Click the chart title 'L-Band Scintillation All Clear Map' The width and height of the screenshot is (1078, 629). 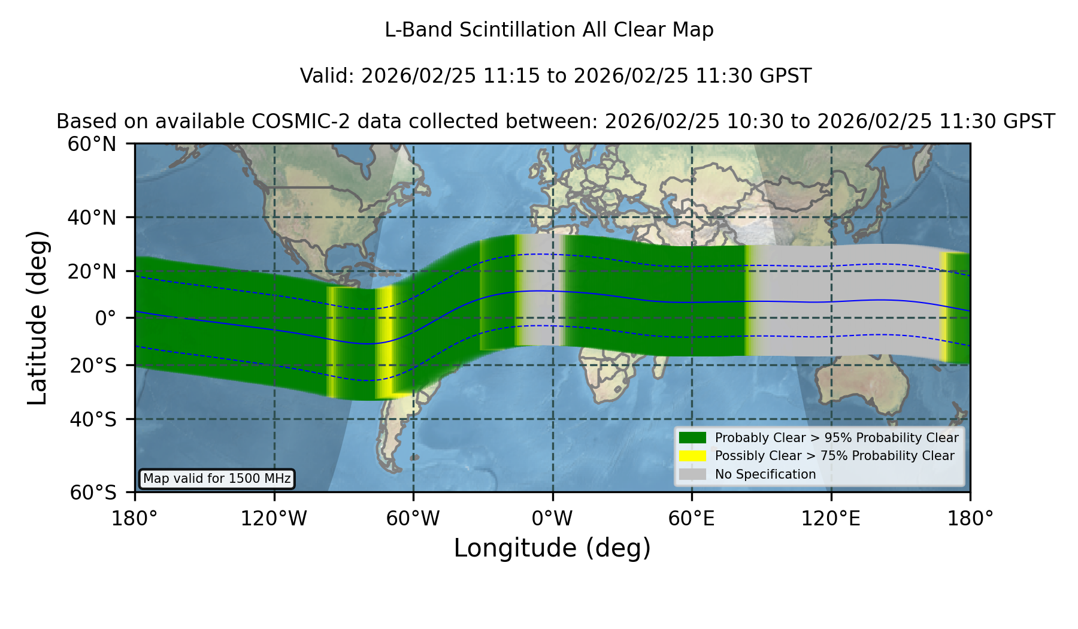(x=549, y=30)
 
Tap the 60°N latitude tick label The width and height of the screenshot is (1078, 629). (x=92, y=144)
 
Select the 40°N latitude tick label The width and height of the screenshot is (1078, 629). (x=92, y=217)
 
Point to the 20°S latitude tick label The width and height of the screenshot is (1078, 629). (x=93, y=365)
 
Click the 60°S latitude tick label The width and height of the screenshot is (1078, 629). (x=93, y=493)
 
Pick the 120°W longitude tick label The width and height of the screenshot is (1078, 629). (x=274, y=519)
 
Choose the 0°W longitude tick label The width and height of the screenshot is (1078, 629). (x=552, y=519)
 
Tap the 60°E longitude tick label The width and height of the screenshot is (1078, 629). (x=692, y=519)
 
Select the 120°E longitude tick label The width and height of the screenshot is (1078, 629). (x=831, y=519)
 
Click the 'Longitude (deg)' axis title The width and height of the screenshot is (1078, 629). (x=552, y=548)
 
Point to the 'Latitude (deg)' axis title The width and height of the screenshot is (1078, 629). (x=38, y=317)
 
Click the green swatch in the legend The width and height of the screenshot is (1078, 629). (x=692, y=438)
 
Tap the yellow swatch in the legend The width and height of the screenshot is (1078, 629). (x=692, y=456)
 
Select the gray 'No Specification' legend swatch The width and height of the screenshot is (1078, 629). (x=692, y=474)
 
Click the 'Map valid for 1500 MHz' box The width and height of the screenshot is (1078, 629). (x=217, y=479)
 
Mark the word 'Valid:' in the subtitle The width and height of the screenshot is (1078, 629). (x=328, y=76)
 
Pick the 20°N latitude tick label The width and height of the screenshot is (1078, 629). (x=92, y=271)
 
